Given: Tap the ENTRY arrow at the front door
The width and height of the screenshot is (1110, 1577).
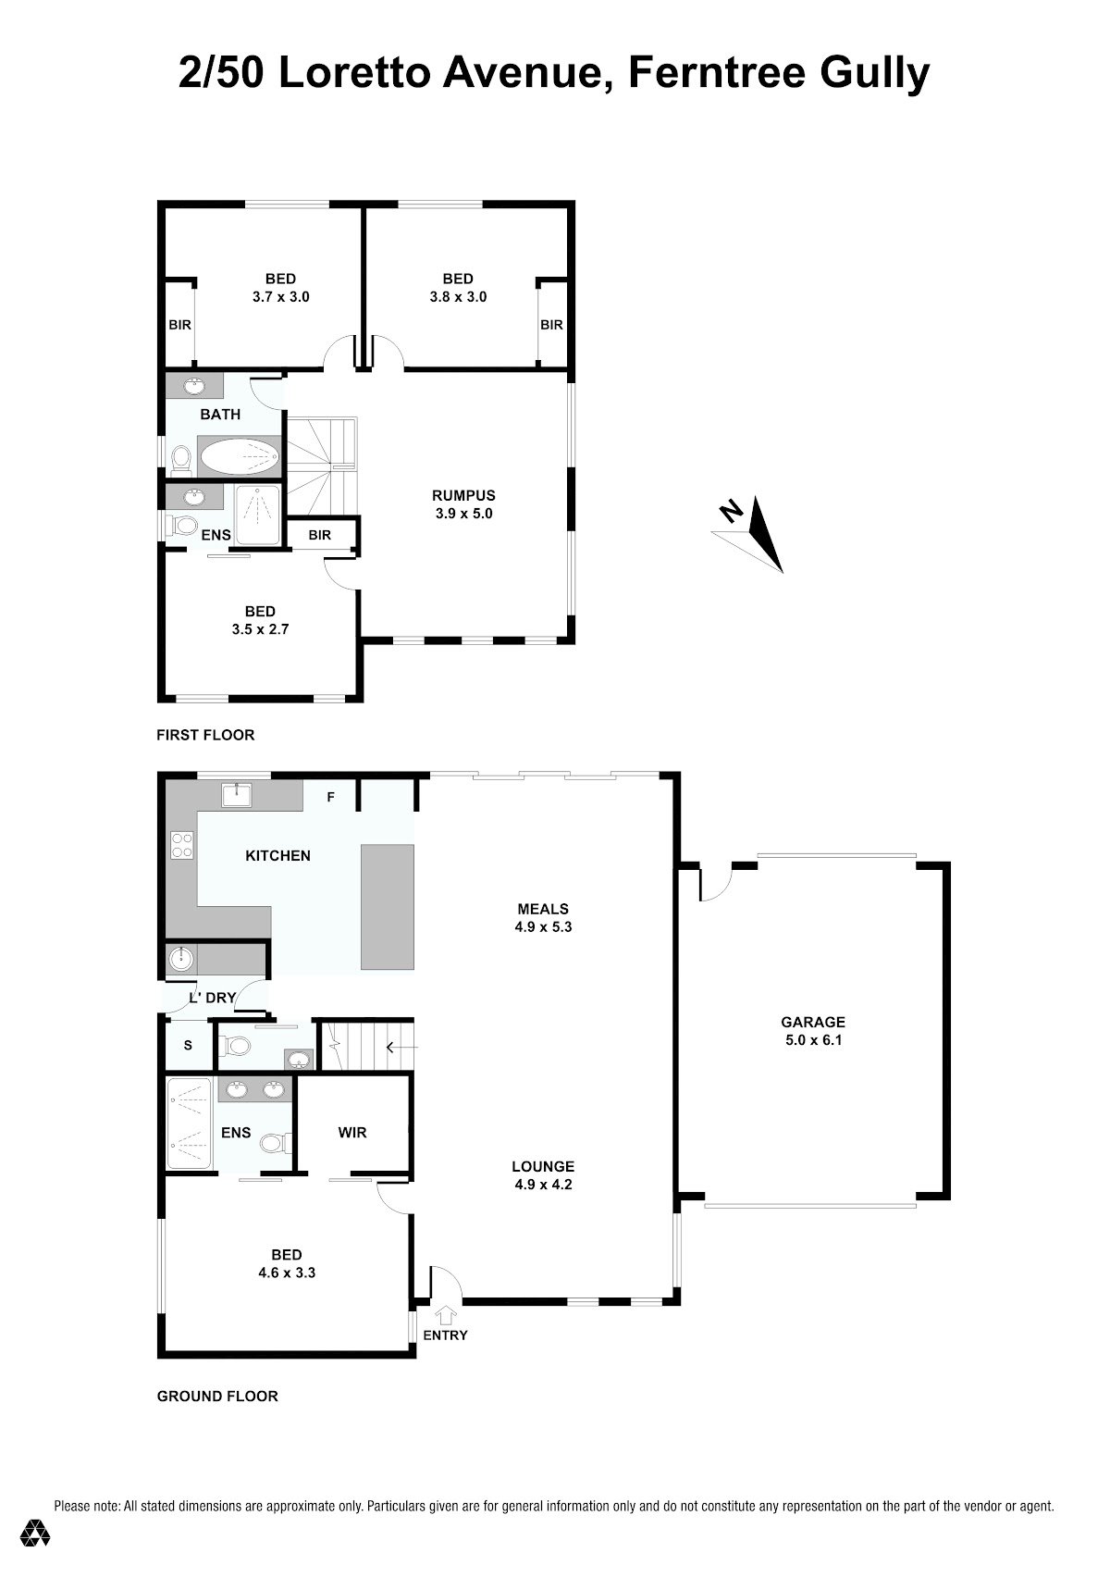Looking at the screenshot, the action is (446, 1314).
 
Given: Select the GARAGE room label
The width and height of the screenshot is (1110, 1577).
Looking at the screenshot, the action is (813, 1022).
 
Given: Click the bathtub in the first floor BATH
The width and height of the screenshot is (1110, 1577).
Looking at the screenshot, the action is (240, 456).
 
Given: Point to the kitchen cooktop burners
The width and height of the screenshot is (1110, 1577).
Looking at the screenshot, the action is (182, 845).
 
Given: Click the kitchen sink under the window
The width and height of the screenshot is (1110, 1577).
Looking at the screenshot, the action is (237, 795).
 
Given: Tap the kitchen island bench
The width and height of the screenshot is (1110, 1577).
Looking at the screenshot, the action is (388, 907).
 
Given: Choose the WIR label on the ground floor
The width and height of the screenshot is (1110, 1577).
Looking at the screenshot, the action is (351, 1132).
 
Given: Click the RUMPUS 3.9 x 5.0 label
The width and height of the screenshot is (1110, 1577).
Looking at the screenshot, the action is (463, 504).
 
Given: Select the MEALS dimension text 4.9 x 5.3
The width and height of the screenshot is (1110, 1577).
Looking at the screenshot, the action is (543, 927).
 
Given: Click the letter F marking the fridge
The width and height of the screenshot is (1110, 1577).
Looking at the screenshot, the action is (331, 797).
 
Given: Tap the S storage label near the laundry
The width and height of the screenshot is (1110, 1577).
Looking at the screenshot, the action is (188, 1046).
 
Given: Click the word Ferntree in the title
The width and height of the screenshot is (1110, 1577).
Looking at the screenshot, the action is (717, 72).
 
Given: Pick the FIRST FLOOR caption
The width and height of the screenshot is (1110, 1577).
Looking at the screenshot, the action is (205, 735).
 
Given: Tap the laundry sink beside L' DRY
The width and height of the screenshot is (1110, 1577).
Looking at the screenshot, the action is (181, 959).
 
